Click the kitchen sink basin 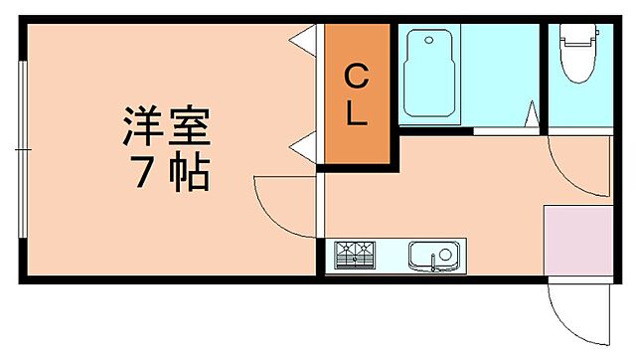tap(434, 256)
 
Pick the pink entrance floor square tap(576, 239)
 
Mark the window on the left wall tap(22, 149)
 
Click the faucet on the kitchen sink tap(434, 265)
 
